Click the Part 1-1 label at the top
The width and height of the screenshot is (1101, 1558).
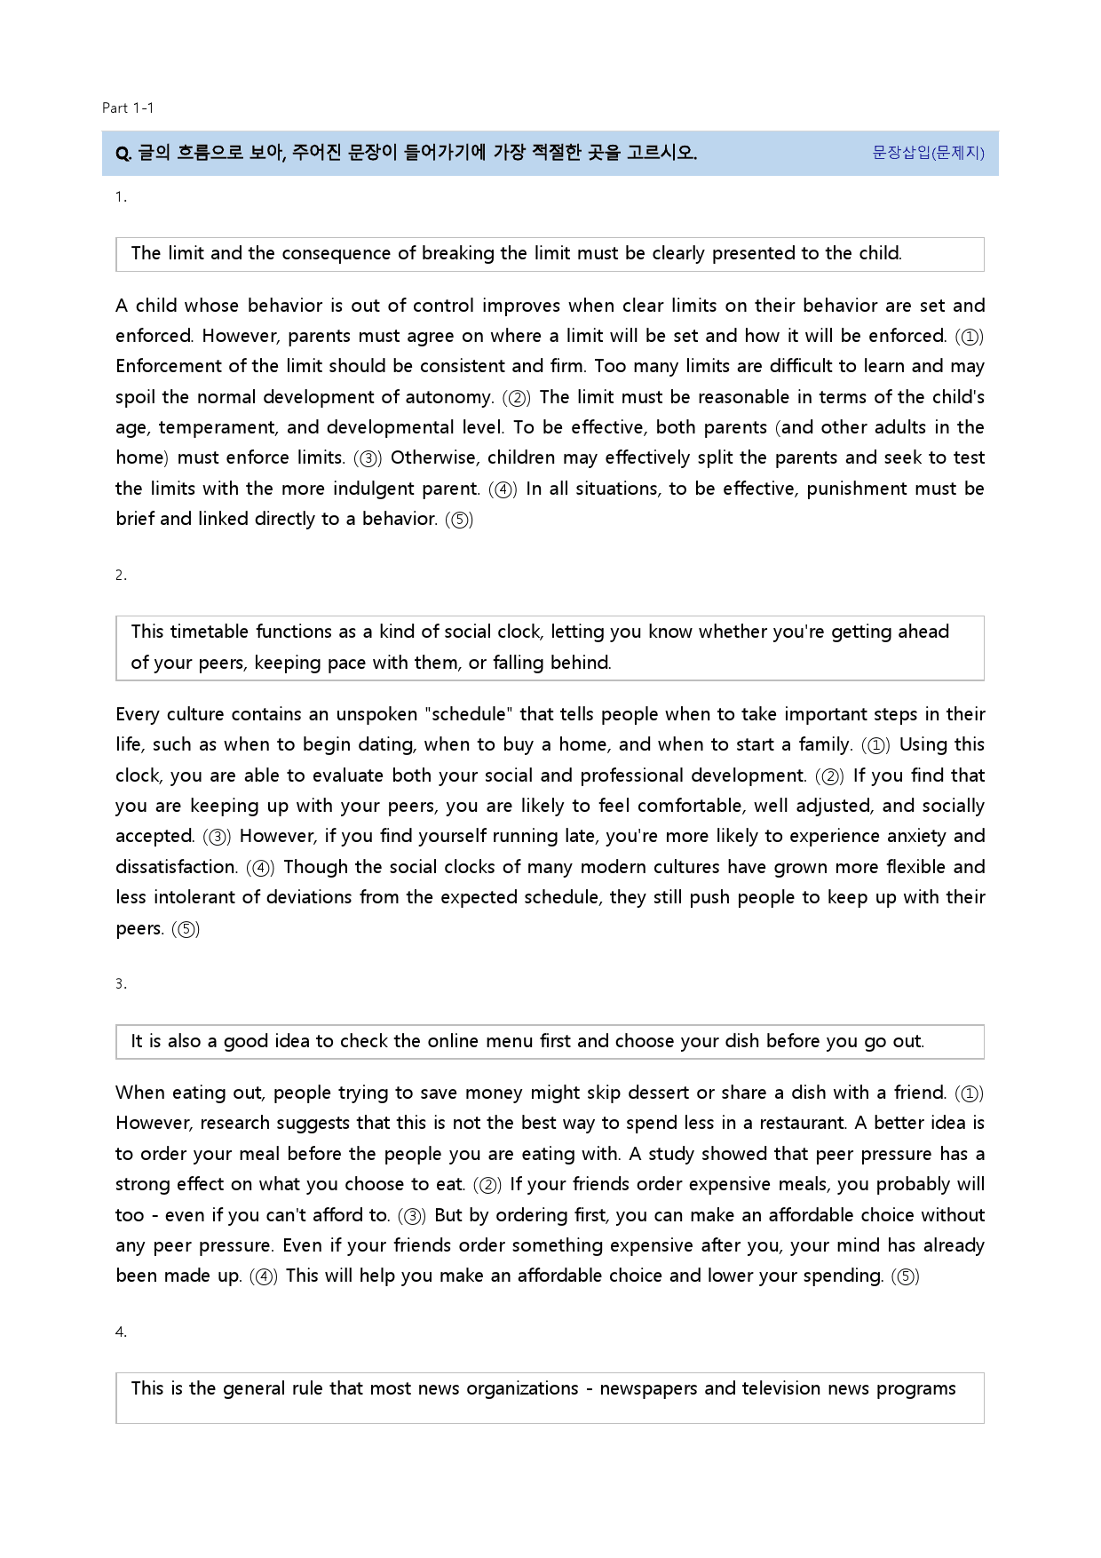[x=128, y=108]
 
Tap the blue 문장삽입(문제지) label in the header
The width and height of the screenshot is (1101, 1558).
[x=928, y=153]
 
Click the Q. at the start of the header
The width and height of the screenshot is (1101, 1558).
[x=123, y=154]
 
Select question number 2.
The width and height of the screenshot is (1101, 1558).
[x=121, y=576]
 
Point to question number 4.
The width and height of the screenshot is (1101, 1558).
[x=121, y=1331]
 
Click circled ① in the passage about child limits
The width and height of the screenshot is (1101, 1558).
[x=970, y=337]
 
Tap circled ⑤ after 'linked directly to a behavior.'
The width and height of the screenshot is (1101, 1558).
[x=459, y=520]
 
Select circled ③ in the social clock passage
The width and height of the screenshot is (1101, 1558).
[x=218, y=837]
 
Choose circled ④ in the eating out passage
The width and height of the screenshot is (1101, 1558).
[x=264, y=1276]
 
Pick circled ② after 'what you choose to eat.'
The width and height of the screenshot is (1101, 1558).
[x=487, y=1185]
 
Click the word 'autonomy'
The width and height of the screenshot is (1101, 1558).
[x=448, y=397]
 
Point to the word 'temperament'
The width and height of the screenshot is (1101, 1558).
[x=217, y=427]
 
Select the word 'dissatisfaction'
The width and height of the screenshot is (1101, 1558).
[x=176, y=867]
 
